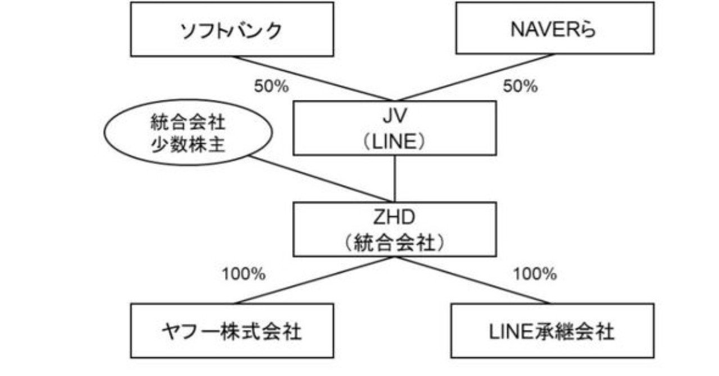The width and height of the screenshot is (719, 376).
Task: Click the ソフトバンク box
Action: pyautogui.click(x=232, y=29)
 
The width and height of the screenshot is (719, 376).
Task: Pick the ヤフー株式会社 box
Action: pyautogui.click(x=232, y=331)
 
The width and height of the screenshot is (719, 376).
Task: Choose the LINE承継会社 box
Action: pyautogui.click(x=552, y=331)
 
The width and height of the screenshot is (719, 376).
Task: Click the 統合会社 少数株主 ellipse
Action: pyautogui.click(x=188, y=135)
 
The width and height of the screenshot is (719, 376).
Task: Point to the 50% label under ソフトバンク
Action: pyautogui.click(x=271, y=86)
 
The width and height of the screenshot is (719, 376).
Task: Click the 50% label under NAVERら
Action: pyautogui.click(x=520, y=86)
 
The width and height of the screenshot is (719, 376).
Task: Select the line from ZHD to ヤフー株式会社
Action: pyautogui.click(x=315, y=281)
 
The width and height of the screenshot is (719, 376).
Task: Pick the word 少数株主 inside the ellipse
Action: pyautogui.click(x=188, y=145)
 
